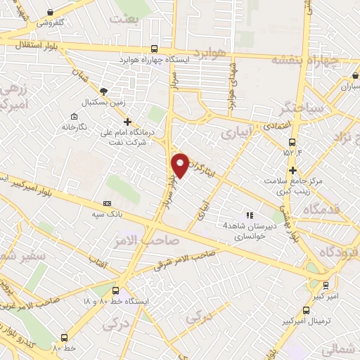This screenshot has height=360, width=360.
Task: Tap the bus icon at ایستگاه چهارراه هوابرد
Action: tap(154, 49)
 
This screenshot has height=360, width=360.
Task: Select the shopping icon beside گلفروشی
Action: tap(51, 12)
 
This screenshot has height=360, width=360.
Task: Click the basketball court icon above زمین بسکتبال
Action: tap(104, 91)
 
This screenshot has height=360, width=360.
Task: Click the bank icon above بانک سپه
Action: tap(107, 202)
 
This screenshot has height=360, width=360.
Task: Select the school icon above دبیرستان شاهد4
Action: tap(247, 214)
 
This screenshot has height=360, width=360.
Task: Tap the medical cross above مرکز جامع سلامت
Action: tap(292, 169)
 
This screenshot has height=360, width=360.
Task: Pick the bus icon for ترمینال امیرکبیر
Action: tap(306, 309)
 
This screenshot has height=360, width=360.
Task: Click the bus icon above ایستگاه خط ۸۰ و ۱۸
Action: tap(115, 290)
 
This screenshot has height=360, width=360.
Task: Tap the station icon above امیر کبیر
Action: tap(325, 286)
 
